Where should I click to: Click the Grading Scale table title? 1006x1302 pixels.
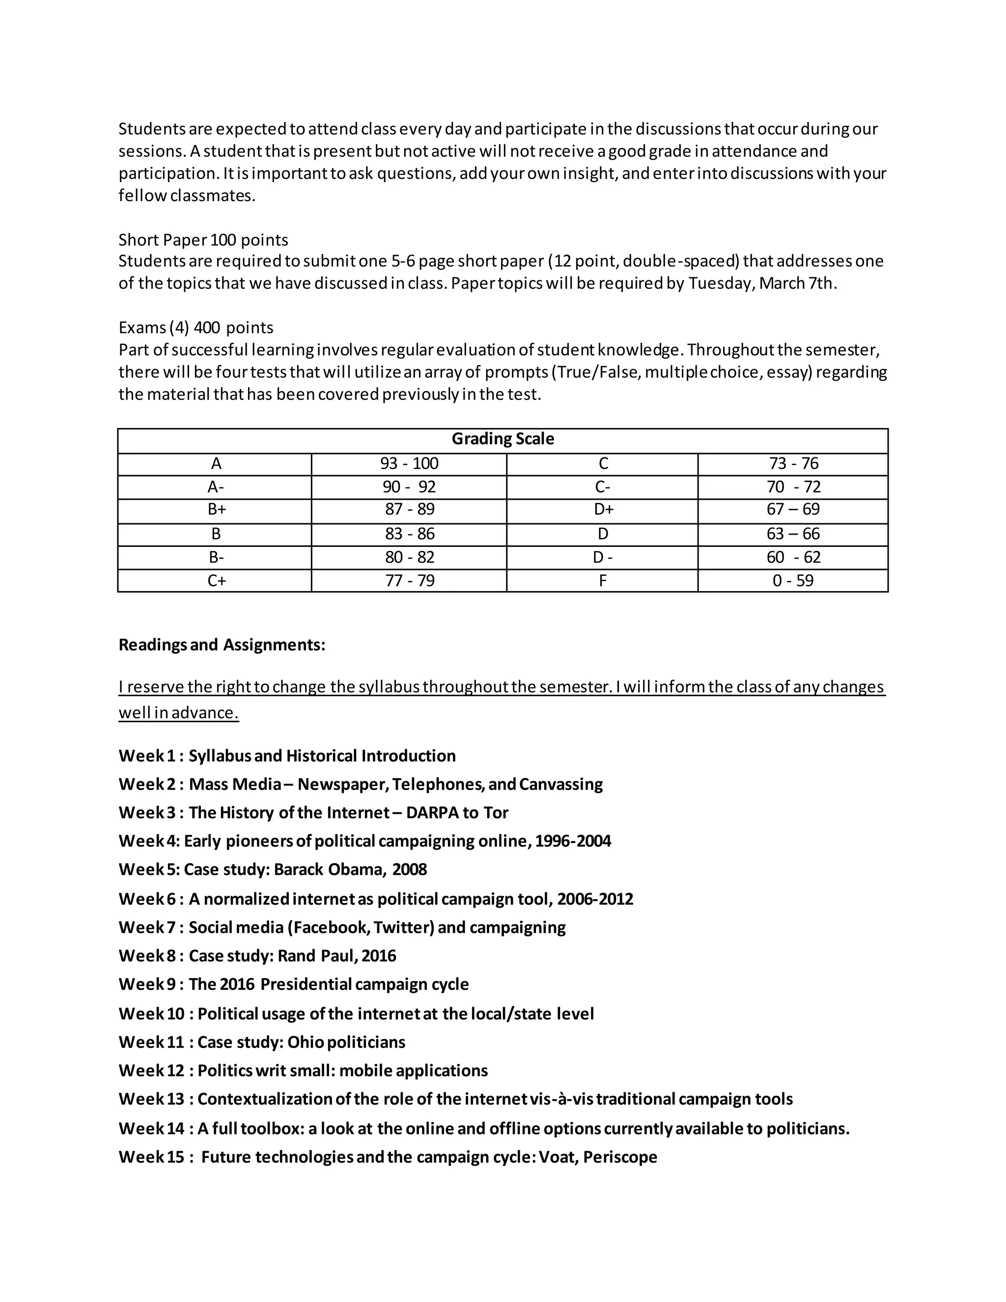coord(503,439)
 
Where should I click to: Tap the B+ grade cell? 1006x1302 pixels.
coord(216,509)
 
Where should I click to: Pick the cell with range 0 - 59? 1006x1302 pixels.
coord(793,580)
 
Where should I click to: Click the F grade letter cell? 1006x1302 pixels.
coord(603,580)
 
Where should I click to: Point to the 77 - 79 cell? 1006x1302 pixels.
coord(410,580)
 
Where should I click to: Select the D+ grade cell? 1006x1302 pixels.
coord(603,509)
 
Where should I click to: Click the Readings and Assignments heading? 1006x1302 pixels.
coord(222,645)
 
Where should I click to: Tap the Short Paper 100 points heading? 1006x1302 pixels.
coord(203,240)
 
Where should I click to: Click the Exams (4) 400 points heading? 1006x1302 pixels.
coord(196,327)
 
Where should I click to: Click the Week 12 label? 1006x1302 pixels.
coord(151,1071)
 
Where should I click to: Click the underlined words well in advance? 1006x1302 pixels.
coord(178,713)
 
